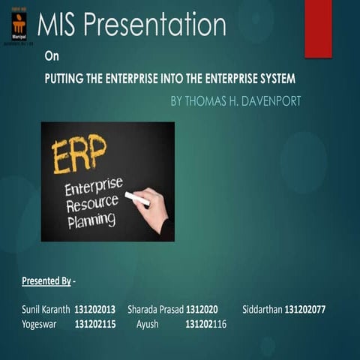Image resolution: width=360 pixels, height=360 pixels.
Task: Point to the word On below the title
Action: pyautogui.click(x=51, y=55)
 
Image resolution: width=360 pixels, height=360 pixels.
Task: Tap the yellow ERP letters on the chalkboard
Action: pyautogui.click(x=79, y=154)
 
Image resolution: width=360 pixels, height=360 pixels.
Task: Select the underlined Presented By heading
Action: pyautogui.click(x=46, y=281)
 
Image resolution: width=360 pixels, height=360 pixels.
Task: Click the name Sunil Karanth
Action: pyautogui.click(x=46, y=309)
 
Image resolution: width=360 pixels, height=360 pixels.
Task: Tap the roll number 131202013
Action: pyautogui.click(x=95, y=309)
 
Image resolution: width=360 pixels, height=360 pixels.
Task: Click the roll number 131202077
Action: pyautogui.click(x=305, y=309)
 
